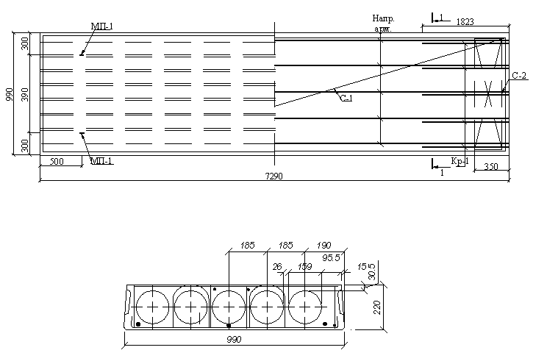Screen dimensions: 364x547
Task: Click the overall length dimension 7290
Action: [x=273, y=176]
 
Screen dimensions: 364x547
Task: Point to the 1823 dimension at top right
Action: [x=465, y=22]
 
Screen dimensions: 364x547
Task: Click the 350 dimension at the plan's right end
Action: [x=490, y=168]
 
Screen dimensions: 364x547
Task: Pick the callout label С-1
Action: [x=346, y=99]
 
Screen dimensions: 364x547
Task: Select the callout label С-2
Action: [x=519, y=76]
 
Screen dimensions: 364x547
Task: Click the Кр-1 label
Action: [x=459, y=161]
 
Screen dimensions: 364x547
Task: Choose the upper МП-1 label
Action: [x=101, y=26]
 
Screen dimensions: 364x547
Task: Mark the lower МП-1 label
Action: [x=101, y=161]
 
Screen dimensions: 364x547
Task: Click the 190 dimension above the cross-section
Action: [x=323, y=246]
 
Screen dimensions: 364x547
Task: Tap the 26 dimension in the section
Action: [x=277, y=266]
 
